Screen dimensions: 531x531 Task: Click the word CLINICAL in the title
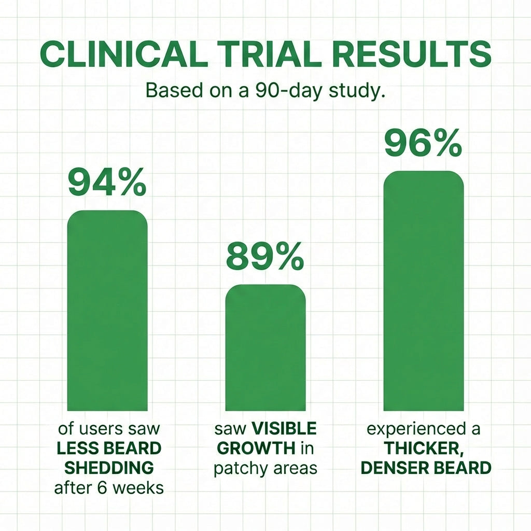119,54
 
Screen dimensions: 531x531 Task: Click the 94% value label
107,183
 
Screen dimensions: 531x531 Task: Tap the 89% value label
265,257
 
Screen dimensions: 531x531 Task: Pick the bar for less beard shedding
107,311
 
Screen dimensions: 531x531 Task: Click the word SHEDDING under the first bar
108,467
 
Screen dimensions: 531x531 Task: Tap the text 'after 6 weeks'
108,487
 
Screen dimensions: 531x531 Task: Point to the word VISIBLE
284,429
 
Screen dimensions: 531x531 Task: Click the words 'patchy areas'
265,468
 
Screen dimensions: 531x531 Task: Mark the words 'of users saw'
108,429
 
